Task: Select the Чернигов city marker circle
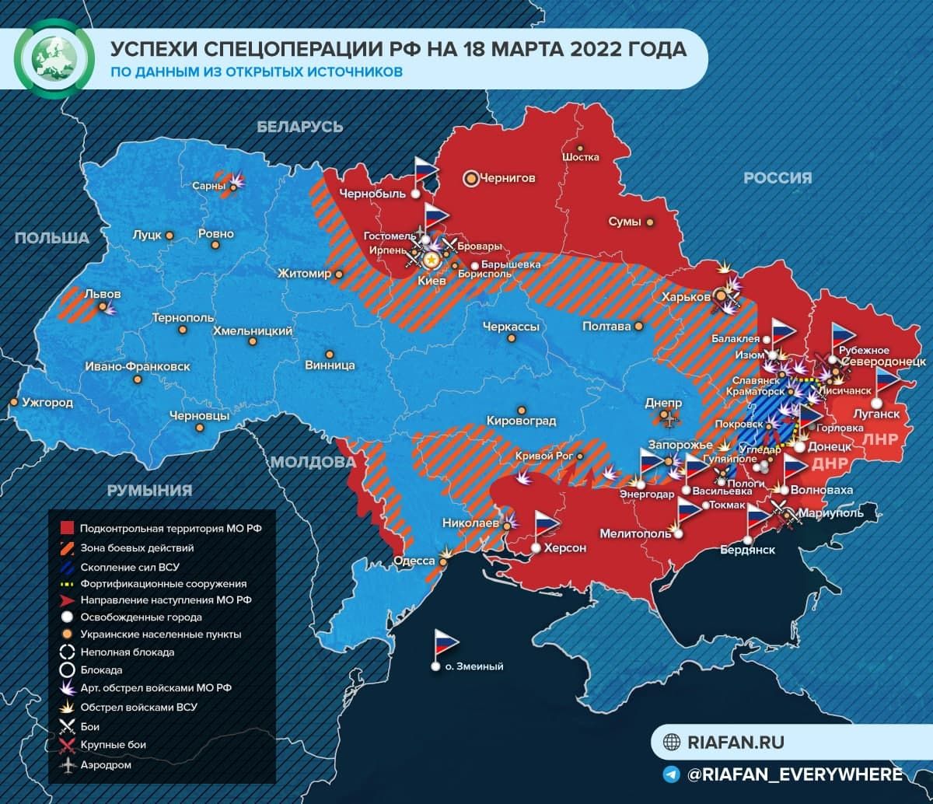[x=471, y=178]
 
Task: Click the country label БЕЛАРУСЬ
[x=300, y=127]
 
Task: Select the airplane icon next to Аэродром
[x=67, y=765]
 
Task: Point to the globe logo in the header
[x=51, y=58]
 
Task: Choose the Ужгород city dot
[x=13, y=402]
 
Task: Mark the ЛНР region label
[x=880, y=439]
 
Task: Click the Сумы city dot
[x=650, y=222]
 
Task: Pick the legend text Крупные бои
[x=114, y=745]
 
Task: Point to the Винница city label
[x=330, y=365]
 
